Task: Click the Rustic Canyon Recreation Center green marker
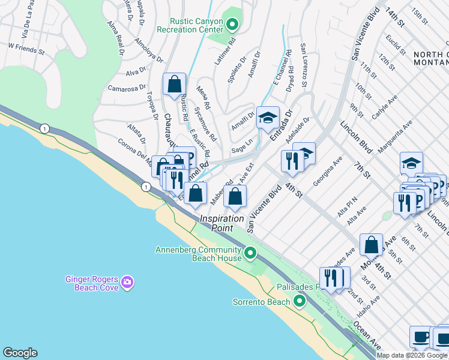pos(234,25)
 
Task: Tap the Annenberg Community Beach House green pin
pos(252,254)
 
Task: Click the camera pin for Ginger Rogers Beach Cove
pos(127,281)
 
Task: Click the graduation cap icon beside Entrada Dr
pos(268,117)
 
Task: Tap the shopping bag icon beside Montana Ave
pos(372,244)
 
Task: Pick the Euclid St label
pos(396,44)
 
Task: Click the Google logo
pos(20,353)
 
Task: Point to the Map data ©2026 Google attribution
pos(412,355)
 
